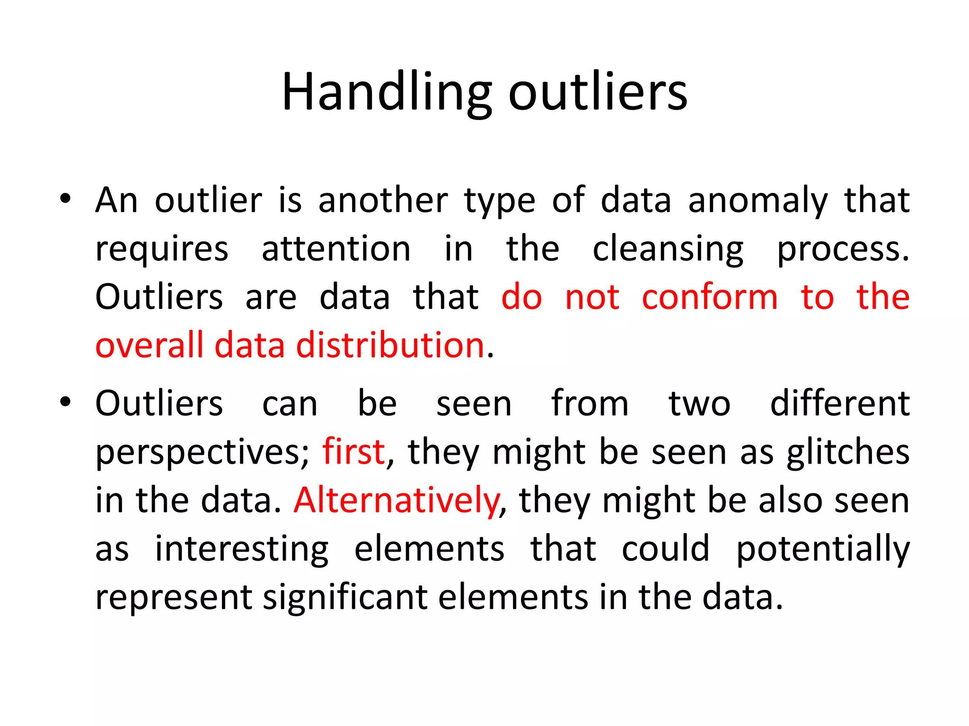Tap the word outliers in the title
click(598, 92)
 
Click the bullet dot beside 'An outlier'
click(65, 199)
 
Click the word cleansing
click(668, 250)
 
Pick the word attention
click(336, 249)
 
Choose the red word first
click(353, 451)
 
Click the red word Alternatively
click(396, 500)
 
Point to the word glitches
click(848, 452)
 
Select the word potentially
click(823, 549)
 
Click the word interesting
click(242, 549)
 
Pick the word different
click(840, 403)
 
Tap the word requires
click(162, 250)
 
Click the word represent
click(174, 597)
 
